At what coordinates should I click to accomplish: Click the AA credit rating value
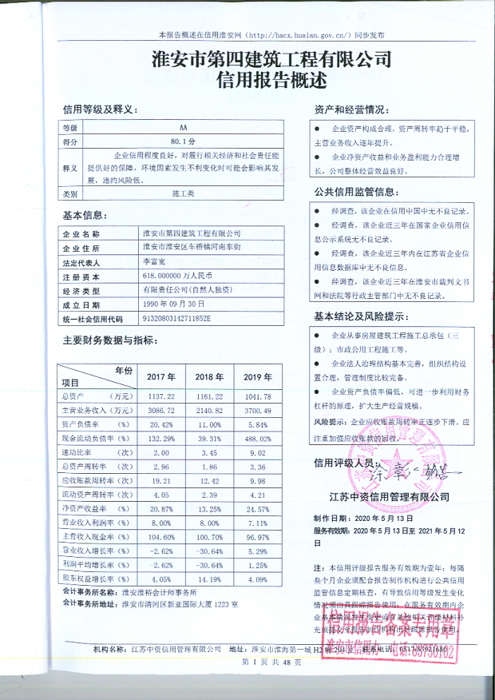184,127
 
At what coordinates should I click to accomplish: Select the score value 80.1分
184,141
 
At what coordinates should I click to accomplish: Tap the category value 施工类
184,193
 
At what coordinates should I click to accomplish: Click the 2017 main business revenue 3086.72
160,410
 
